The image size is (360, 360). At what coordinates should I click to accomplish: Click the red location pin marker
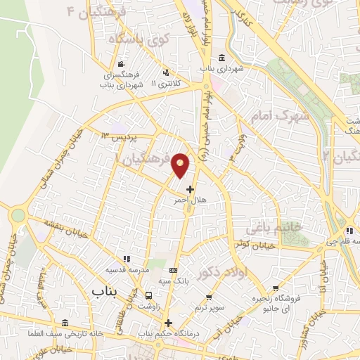[181, 164]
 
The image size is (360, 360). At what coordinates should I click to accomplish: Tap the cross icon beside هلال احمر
[190, 188]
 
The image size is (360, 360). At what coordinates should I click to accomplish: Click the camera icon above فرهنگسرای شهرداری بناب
[122, 64]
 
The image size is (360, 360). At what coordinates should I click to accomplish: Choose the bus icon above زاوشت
[148, 295]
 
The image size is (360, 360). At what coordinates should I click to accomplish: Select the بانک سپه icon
[174, 270]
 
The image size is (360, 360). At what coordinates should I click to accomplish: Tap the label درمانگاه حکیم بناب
[165, 333]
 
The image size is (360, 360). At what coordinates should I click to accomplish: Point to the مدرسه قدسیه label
[126, 269]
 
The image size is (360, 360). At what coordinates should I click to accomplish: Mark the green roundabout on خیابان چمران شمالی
[18, 215]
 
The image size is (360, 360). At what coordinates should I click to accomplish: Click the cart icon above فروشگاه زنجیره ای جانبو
[276, 288]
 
